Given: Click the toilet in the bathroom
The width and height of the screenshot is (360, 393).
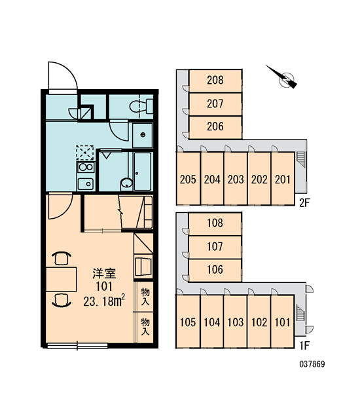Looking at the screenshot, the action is coord(141,106).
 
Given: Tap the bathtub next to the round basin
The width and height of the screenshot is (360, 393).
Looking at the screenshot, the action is coord(143,172).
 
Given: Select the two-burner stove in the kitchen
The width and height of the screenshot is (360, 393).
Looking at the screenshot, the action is coord(86,167).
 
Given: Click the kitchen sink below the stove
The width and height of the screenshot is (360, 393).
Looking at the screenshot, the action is coord(86,183).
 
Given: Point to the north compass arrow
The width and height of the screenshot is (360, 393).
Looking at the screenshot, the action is coord(281,77).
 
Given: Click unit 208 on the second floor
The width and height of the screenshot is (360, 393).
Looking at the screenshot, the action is coord(215,81).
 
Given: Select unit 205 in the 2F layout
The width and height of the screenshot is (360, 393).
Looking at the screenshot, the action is coord(188,179).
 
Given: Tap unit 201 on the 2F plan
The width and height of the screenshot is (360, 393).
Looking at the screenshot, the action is coord(283,179).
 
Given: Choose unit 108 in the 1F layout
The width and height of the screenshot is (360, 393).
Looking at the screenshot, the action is coord(215,223).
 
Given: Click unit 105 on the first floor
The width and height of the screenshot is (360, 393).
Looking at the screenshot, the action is coord(188,322).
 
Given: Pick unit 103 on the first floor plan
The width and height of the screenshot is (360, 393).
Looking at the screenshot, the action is coord(236,322).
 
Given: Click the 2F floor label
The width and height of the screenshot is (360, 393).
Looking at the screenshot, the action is coord(304,203).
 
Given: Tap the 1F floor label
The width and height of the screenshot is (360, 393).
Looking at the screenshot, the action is coord(304,346).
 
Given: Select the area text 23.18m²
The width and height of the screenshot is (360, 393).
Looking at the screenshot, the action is coord(104,301).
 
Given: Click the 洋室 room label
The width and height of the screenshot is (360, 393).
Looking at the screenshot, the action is coord(104,273).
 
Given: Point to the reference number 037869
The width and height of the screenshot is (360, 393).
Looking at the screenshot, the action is coord(312,364).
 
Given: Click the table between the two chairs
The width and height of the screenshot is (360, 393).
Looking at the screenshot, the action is coord(61,279).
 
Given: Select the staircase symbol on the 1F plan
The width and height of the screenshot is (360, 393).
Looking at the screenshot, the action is coord(299,312).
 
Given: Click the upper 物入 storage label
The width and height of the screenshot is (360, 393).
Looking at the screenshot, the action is coord(145,297).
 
